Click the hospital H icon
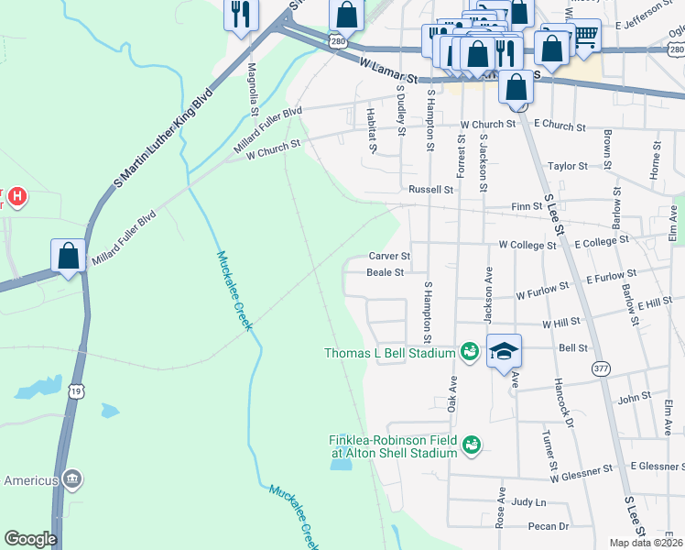coord(16,196)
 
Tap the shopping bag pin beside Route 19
coord(69,258)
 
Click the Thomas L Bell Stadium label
coord(390,353)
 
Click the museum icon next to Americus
coord(73,479)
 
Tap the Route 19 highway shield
coord(76,391)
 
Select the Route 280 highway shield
coord(338,41)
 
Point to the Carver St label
coord(388,256)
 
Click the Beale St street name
coord(385,272)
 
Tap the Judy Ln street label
coord(528,502)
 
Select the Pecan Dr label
coord(549,526)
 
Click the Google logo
coord(30,539)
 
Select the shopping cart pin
coord(585,36)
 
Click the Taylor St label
coord(567,166)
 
